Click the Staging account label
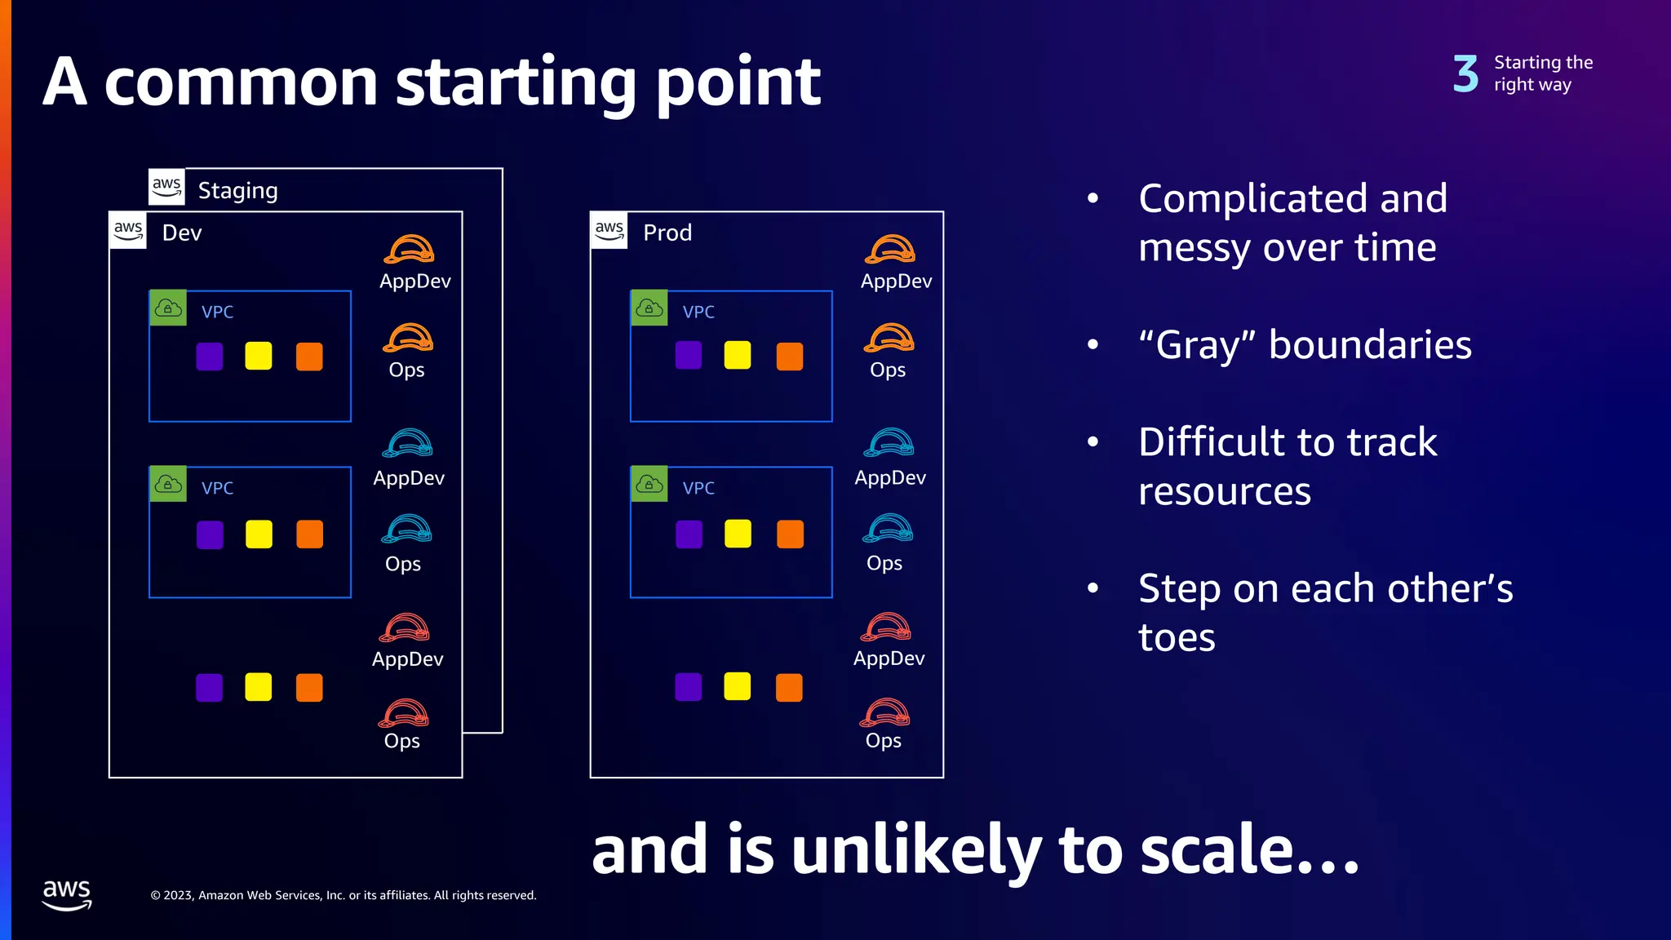pyautogui.click(x=237, y=190)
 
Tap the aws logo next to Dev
pyautogui.click(x=128, y=230)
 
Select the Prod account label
pyautogui.click(x=667, y=233)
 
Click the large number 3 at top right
pyautogui.click(x=1465, y=74)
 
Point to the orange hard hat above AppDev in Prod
pyautogui.click(x=889, y=249)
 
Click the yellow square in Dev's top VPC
pyautogui.click(x=259, y=356)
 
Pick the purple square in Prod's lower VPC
pyautogui.click(x=689, y=534)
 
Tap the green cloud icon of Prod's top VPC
pyautogui.click(x=649, y=308)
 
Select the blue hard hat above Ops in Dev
pyautogui.click(x=406, y=529)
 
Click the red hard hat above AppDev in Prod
pyautogui.click(x=886, y=627)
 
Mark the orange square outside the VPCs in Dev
pyautogui.click(x=309, y=687)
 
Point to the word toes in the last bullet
pyautogui.click(x=1177, y=637)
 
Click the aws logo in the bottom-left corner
pyautogui.click(x=67, y=894)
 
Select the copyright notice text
pyautogui.click(x=344, y=895)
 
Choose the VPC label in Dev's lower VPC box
pyautogui.click(x=217, y=488)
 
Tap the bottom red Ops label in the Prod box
pyautogui.click(x=883, y=740)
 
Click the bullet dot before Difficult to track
pyautogui.click(x=1093, y=442)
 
